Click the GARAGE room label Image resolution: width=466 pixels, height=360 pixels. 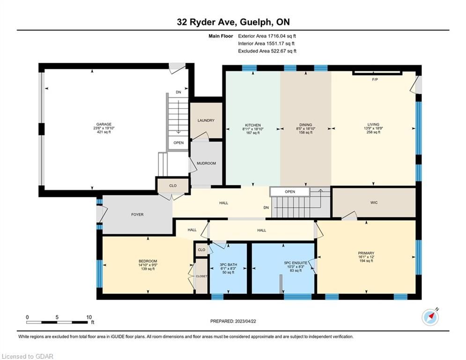pos(104,124)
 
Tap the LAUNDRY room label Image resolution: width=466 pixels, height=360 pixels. pos(206,120)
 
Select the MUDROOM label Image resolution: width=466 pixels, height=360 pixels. pos(206,163)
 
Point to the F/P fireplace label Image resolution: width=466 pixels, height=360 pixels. pos(375,80)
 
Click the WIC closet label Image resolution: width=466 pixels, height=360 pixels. pos(374,202)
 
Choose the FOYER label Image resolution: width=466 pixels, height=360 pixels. pos(137,215)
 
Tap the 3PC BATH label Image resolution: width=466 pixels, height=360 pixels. pos(228,265)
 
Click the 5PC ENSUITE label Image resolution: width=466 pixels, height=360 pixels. pos(296,263)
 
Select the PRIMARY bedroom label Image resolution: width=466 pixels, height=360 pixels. pos(366,253)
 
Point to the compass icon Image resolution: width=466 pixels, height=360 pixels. pos(430,317)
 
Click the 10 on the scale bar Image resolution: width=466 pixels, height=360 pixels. pos(89,317)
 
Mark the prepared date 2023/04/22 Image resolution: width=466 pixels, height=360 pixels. pos(245,321)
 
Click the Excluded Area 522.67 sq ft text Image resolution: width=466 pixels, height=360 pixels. pos(267,51)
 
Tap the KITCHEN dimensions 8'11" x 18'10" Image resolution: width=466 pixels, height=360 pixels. pos(253,129)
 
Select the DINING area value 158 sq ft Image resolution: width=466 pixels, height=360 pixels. pos(305,133)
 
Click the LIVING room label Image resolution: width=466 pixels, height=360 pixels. pos(373,125)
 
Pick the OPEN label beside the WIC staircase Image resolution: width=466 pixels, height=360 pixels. pos(290,192)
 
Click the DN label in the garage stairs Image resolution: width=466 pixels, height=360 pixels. pos(178,92)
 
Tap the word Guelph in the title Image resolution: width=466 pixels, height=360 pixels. pos(255,22)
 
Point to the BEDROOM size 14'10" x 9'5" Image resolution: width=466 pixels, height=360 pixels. pos(148,265)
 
